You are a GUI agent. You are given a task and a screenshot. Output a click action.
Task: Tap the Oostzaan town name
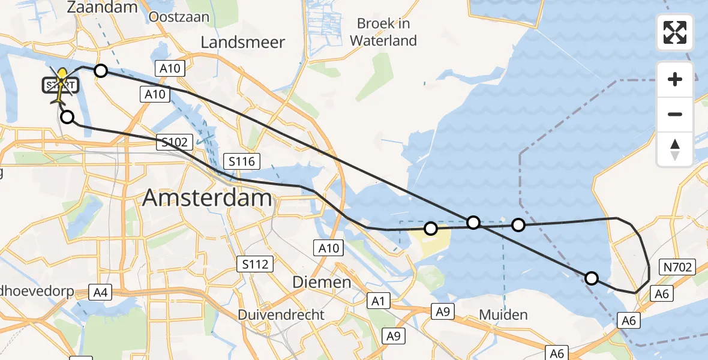179,16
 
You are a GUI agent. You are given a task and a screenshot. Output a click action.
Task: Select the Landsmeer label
243,42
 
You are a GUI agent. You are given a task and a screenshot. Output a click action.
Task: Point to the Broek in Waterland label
383,32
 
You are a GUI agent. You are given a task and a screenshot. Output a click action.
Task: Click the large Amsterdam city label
208,199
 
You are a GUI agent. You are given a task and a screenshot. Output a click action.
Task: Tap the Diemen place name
322,282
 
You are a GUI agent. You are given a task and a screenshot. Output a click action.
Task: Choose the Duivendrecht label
281,314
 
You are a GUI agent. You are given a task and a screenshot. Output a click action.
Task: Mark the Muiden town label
503,314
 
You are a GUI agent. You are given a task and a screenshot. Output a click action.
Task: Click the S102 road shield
175,143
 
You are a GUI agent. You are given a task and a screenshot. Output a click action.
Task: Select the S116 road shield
242,161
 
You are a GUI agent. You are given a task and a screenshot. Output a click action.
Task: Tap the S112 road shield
255,263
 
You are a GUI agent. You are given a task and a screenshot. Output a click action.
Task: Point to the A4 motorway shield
100,293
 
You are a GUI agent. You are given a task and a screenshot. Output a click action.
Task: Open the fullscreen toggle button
676,32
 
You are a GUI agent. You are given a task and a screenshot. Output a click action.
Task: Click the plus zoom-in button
676,79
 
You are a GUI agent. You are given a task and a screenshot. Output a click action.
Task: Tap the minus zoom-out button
676,114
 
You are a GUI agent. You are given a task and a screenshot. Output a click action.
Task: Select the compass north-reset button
676,149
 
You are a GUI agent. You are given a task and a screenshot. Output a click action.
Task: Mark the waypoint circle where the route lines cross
473,223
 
